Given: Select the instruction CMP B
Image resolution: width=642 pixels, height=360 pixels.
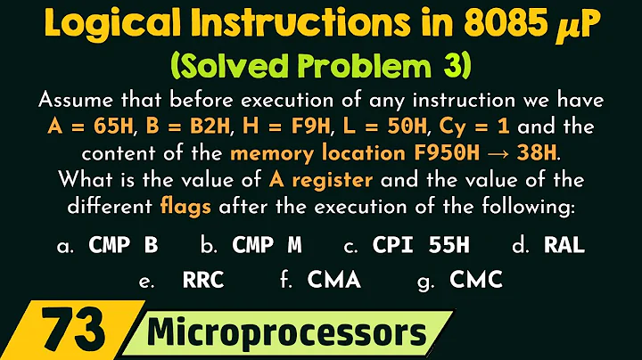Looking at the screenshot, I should (x=123, y=245).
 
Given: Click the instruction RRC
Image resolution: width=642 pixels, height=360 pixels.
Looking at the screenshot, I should (x=202, y=281).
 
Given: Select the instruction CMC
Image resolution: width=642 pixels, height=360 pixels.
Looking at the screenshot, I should (x=476, y=281).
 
